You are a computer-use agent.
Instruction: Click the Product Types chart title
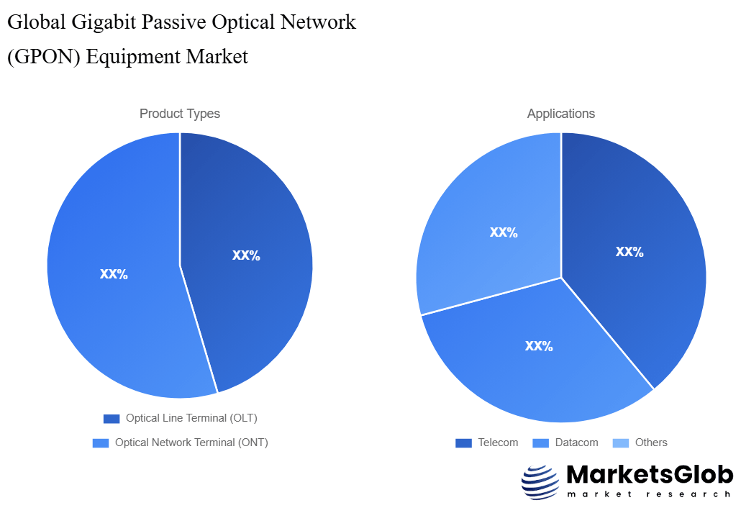179,114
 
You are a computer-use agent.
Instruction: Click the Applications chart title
560,114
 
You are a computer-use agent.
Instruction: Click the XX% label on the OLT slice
246,255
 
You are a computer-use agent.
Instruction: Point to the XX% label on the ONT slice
114,274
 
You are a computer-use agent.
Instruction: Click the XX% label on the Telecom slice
629,252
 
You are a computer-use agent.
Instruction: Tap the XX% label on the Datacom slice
539,346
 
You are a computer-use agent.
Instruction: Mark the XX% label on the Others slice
504,232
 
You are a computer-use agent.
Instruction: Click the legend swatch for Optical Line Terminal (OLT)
112,419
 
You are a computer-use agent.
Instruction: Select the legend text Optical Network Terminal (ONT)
191,443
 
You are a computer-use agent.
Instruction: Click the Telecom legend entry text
498,443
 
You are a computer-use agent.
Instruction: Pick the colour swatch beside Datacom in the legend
541,443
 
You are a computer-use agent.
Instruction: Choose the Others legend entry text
651,443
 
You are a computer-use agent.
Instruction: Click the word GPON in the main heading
44,56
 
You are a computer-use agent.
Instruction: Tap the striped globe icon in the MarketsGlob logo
540,482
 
